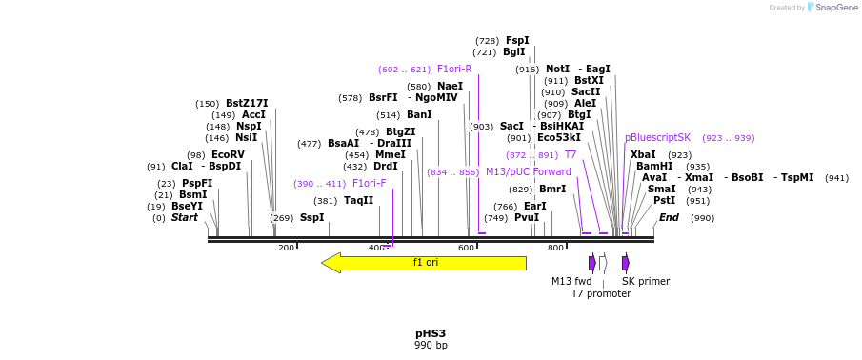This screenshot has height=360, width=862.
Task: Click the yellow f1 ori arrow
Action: coord(424,263)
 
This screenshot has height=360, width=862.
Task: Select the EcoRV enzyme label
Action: coord(228,154)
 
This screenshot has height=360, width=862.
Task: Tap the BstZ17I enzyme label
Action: coord(247,103)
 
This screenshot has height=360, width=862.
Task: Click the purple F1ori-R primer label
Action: coord(454,69)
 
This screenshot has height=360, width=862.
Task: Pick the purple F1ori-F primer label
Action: coord(370,183)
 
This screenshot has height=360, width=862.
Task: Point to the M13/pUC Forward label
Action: coord(529,171)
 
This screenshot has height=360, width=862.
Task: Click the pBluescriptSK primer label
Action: coord(657,137)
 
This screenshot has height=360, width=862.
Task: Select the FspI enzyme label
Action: coord(517,40)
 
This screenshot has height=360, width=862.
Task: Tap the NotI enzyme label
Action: coord(557,69)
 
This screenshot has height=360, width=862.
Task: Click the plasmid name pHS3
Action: coord(431,333)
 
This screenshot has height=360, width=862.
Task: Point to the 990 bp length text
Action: coord(431,346)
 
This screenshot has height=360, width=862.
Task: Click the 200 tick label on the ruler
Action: coord(286,249)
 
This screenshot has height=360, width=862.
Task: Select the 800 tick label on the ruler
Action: coord(555,249)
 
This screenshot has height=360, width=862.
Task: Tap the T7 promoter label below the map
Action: coord(601,293)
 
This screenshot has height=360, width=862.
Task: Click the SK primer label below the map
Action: coord(646,281)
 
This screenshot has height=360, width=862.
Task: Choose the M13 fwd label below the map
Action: coord(571,281)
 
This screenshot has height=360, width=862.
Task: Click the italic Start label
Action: coord(185,217)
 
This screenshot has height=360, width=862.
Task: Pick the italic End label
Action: coord(669,217)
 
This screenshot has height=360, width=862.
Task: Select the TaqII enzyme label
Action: coord(358,200)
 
